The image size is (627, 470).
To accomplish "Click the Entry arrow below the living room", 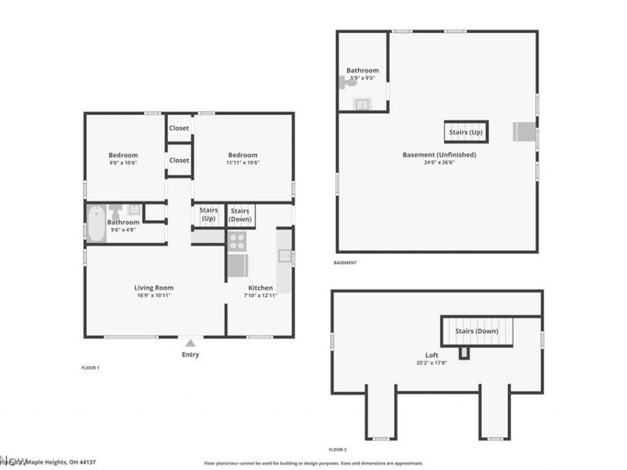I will tap(190, 342).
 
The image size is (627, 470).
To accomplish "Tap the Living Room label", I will tap(153, 288).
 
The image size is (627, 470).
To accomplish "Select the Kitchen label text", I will tap(260, 288).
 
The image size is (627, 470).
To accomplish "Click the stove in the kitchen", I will tap(237, 241).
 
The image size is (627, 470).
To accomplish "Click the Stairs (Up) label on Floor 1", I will tap(208, 214).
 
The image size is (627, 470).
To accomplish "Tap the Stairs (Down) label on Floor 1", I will tap(240, 214).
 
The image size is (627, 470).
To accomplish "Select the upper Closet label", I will tap(179, 128).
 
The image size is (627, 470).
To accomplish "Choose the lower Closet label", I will tap(179, 161).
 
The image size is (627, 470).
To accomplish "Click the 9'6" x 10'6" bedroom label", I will tap(123, 155).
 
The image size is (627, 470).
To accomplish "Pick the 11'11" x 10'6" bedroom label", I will tap(243, 155).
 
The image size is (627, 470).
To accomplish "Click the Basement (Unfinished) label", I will tap(439, 155).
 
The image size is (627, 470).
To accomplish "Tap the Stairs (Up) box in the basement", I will tap(466, 132).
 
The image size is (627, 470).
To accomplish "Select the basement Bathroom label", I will tap(362, 70).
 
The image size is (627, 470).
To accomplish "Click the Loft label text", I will tap(432, 355).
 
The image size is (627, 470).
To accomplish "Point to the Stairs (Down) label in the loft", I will tap(477, 331).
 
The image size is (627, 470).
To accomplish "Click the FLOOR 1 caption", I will tap(91, 367).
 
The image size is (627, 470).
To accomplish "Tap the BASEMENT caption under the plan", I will tap(345, 263).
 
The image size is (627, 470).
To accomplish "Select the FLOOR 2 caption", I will tap(337, 450).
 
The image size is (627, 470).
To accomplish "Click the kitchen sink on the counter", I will tap(285, 255).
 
